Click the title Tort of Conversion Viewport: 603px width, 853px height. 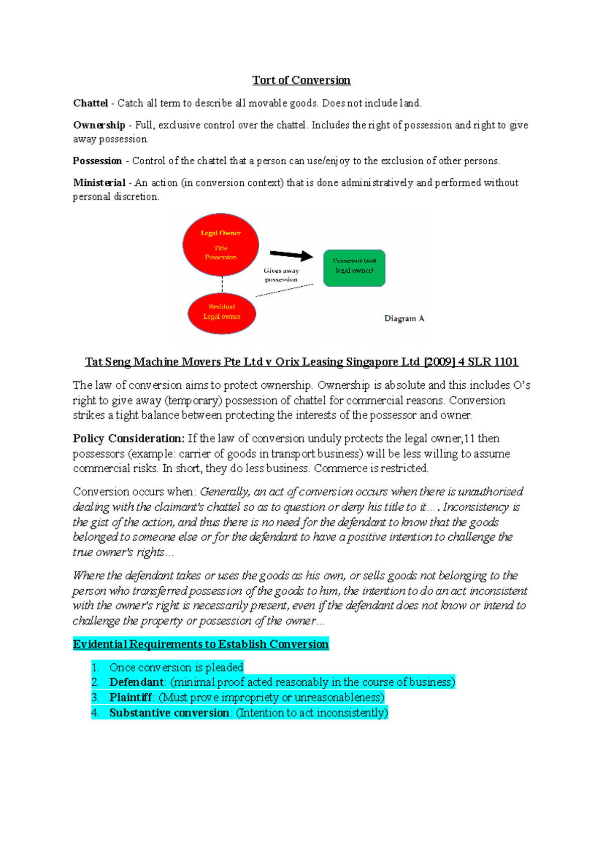click(x=301, y=80)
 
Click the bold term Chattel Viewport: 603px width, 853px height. click(x=90, y=103)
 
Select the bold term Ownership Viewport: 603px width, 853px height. click(x=99, y=125)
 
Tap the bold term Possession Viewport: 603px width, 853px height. click(x=97, y=161)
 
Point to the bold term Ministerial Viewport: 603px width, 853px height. click(x=99, y=183)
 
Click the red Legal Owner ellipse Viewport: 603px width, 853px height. click(x=221, y=245)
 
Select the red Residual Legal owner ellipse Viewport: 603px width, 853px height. click(x=222, y=313)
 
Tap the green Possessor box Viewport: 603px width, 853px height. click(x=354, y=268)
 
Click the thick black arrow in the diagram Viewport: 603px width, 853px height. click(x=291, y=255)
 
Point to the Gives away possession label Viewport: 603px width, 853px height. click(x=281, y=275)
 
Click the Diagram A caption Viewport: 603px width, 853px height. click(x=404, y=318)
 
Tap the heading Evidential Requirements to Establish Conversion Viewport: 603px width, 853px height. click(x=200, y=645)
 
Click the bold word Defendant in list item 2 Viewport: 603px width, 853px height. click(x=137, y=682)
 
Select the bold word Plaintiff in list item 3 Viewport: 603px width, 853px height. click(x=131, y=698)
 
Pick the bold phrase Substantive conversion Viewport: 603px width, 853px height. click(x=169, y=713)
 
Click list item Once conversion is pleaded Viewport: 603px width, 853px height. click(x=176, y=668)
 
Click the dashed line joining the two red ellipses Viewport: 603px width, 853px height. click(x=223, y=285)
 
